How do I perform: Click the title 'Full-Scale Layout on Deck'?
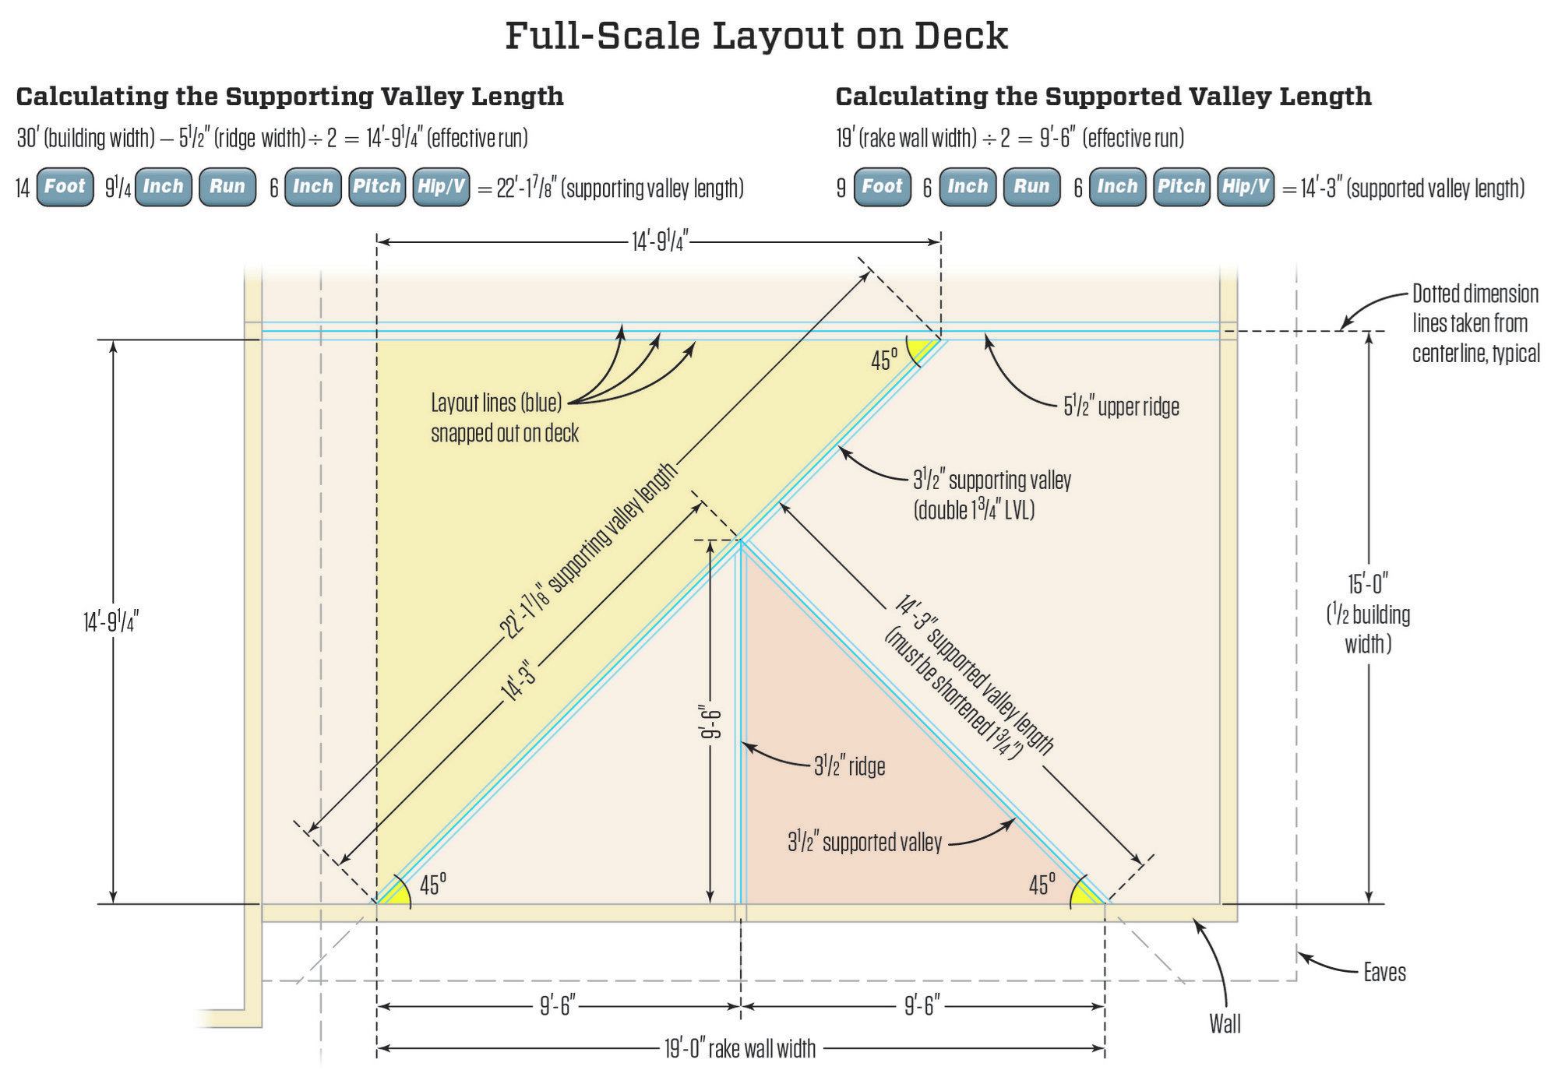pos(756,36)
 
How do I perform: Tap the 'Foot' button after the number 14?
pos(65,187)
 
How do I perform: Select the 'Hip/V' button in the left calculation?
pos(441,187)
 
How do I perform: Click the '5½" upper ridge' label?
pos(1121,406)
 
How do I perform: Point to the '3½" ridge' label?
pos(849,766)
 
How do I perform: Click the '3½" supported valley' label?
pos(864,843)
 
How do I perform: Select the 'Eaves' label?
pos(1384,972)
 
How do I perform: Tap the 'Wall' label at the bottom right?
pos(1225,1024)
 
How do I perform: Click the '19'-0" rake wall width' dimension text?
pos(739,1049)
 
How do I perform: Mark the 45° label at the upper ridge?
pos(883,361)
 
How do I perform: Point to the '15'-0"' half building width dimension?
pos(1368,583)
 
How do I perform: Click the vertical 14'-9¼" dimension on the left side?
pos(111,622)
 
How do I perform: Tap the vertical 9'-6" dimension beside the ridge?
pos(710,724)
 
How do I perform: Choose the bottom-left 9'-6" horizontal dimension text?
pos(558,1007)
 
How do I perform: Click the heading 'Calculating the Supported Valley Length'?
pos(1103,97)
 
